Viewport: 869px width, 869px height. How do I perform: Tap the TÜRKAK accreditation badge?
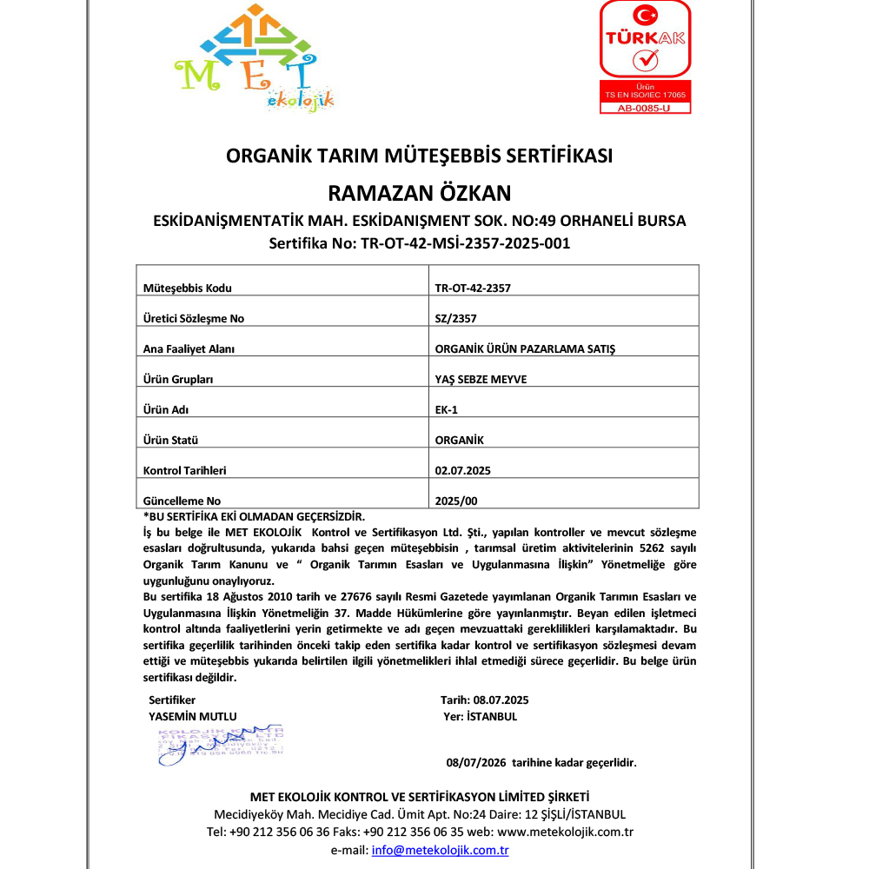point(645,50)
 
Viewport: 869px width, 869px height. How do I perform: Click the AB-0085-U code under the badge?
point(645,109)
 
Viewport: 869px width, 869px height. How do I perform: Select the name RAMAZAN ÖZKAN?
point(419,192)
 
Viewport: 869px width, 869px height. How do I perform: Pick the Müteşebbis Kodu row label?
point(187,289)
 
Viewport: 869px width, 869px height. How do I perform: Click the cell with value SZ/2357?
point(455,319)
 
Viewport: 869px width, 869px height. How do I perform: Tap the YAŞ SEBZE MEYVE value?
point(481,380)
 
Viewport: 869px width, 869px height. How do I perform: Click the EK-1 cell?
point(446,409)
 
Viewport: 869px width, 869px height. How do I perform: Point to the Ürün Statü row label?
point(170,441)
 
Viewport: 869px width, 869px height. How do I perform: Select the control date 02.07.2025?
point(462,470)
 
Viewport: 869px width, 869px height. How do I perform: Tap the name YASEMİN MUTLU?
point(193,716)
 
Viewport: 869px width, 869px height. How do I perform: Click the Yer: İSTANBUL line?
point(480,717)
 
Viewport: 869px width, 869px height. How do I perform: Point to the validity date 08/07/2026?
point(475,763)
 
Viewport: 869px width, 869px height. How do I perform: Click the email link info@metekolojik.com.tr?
point(440,851)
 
